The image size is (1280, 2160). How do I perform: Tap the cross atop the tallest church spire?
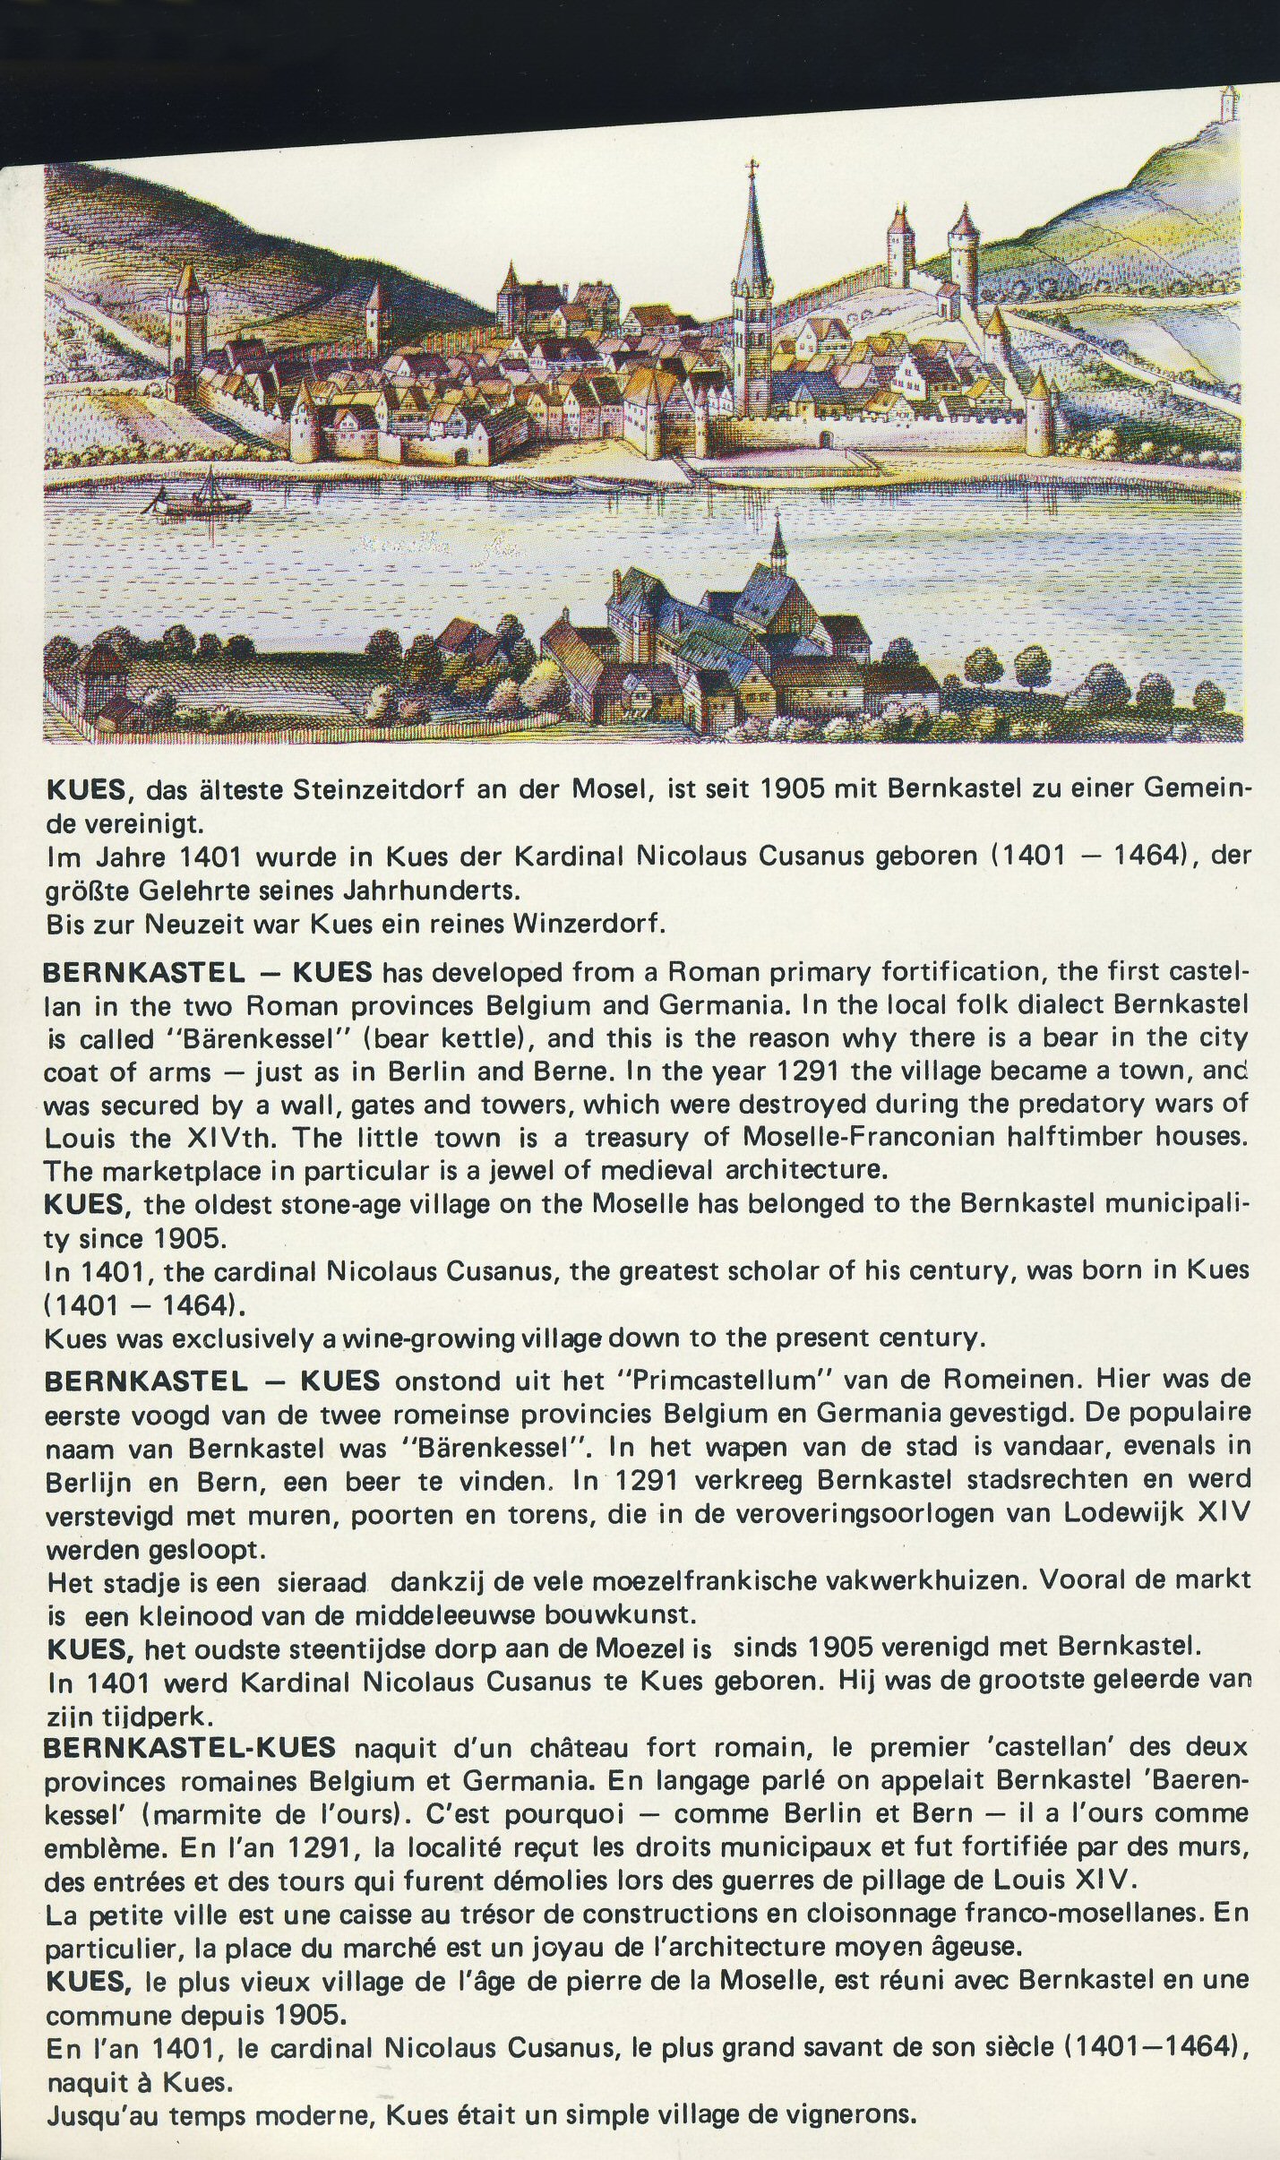pyautogui.click(x=752, y=168)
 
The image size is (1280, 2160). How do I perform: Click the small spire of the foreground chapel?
pyautogui.click(x=777, y=538)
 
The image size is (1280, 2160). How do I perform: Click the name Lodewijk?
pyautogui.click(x=1128, y=1514)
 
